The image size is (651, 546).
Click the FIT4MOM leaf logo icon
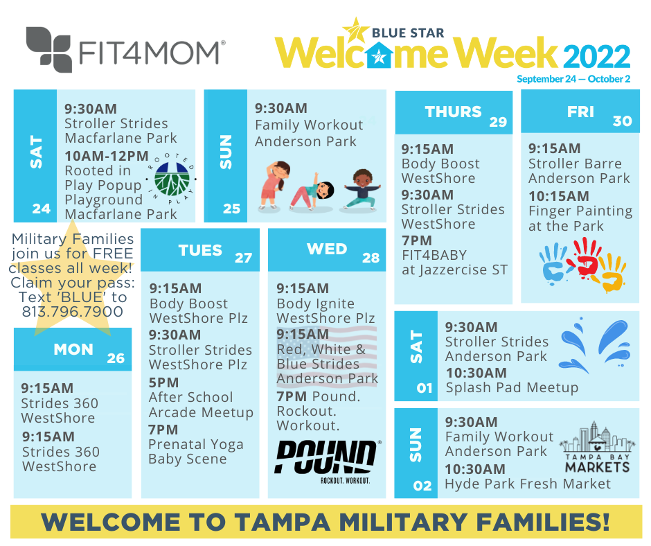48,49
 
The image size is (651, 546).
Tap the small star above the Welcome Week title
355,30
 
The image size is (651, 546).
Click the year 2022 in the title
596,56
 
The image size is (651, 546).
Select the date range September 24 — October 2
573,79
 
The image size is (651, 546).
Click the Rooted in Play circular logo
172,179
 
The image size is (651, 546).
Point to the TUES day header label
200,250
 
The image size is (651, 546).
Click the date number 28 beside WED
371,258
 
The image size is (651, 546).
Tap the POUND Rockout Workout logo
327,461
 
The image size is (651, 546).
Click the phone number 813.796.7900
73,312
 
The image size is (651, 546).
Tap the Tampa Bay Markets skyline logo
597,447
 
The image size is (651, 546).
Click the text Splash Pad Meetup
512,387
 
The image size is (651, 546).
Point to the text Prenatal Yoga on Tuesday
196,445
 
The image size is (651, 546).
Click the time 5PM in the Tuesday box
163,382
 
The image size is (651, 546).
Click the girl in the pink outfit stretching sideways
273,185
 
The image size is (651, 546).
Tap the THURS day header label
453,112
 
